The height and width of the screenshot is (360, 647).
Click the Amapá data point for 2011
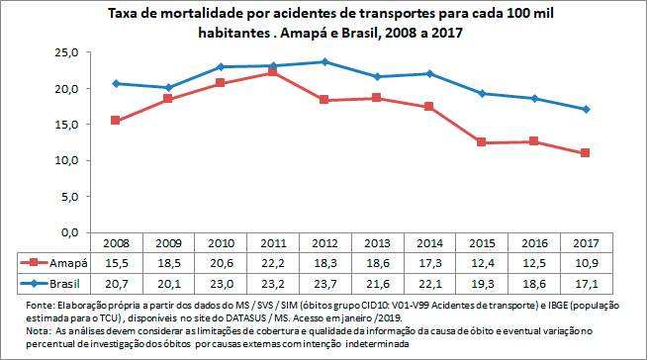click(272, 72)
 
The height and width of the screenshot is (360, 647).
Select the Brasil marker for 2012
click(324, 62)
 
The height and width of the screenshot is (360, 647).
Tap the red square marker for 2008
click(116, 121)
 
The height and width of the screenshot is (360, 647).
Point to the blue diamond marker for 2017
click(586, 109)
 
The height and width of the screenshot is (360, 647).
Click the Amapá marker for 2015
click(482, 142)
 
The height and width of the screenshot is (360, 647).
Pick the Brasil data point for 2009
click(168, 88)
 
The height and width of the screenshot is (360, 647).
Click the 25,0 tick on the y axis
click(67, 52)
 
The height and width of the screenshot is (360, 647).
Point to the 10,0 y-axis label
click(67, 160)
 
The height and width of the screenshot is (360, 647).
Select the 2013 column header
click(377, 243)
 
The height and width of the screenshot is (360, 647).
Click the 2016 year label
click(533, 243)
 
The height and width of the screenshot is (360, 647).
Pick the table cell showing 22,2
click(272, 263)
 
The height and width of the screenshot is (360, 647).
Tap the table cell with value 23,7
click(324, 283)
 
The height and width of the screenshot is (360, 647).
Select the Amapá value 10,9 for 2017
click(586, 263)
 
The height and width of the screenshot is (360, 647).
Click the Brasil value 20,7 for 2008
click(116, 283)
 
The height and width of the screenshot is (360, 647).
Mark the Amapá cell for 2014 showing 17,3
click(429, 263)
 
